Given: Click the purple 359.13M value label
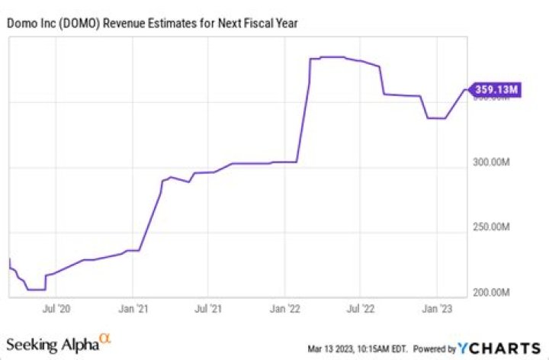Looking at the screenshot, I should tap(496, 90).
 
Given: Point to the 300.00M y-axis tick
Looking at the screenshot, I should tap(493, 162).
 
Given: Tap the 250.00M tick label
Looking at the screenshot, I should tap(493, 227).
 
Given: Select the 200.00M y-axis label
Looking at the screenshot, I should tap(493, 293).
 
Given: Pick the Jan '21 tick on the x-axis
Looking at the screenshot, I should tap(133, 309).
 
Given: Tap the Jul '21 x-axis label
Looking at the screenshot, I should tap(208, 309).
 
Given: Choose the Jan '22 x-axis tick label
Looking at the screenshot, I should tap(285, 309).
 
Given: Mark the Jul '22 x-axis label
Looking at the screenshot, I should tap(360, 309).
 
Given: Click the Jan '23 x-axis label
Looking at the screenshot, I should tap(436, 309).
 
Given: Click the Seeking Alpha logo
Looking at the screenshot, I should tap(53, 344).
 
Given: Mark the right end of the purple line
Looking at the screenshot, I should tap(467, 90).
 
